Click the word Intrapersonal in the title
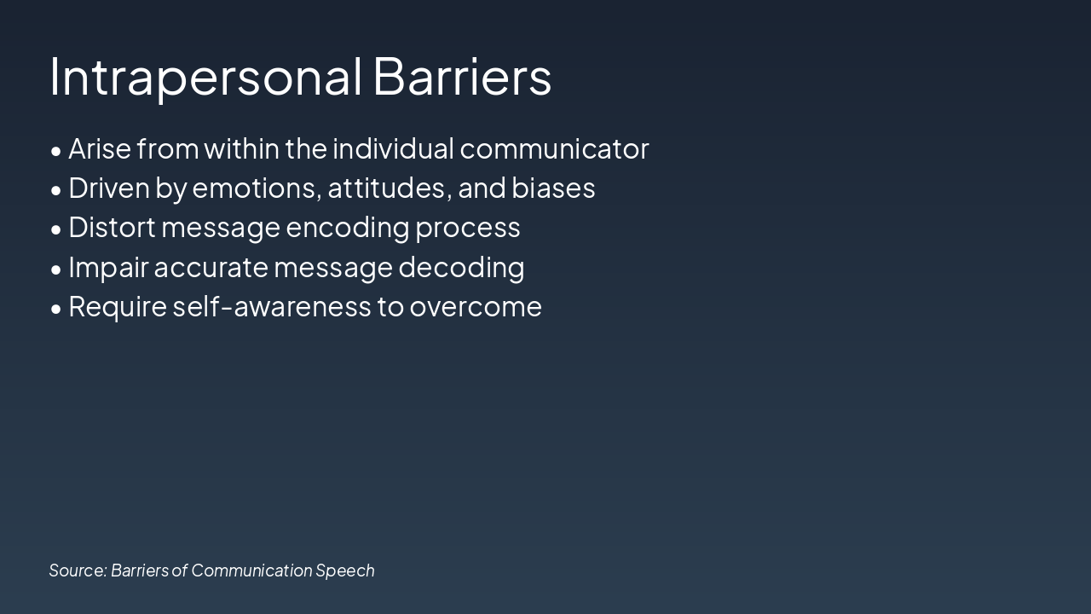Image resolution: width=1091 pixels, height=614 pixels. [205, 78]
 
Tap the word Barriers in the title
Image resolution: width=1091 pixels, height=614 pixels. [462, 77]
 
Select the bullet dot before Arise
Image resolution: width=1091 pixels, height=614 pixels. [56, 151]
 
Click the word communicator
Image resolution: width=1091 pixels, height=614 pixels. [554, 148]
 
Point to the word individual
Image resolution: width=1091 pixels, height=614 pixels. [394, 148]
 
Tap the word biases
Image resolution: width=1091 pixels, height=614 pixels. [553, 188]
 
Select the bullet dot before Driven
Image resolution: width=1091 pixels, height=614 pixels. [56, 190]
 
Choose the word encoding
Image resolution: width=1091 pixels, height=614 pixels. [347, 229]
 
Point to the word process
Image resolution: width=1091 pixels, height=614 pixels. [468, 229]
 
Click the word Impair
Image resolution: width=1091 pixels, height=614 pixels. [108, 268]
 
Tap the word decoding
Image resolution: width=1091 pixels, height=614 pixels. [461, 268]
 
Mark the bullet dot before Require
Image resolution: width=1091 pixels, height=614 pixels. [56, 309]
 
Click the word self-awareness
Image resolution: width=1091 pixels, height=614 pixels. [272, 306]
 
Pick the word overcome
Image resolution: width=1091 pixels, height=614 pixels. [476, 308]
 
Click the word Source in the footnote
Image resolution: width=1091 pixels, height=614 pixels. [78, 571]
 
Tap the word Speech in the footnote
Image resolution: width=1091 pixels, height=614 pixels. [345, 571]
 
